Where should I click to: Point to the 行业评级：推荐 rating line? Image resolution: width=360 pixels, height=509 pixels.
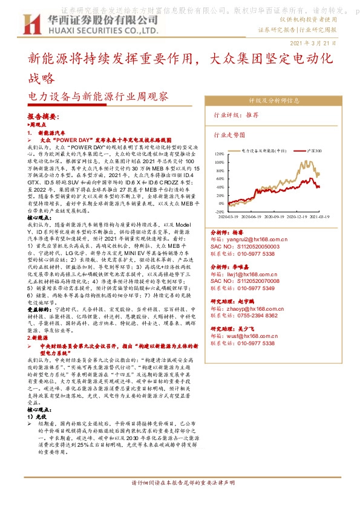236,114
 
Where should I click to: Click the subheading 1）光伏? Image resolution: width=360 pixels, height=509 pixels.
37,417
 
